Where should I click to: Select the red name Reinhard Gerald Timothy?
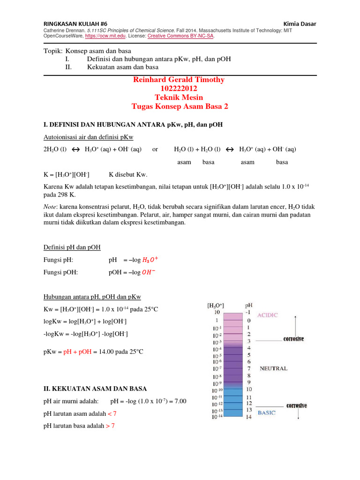tap(179, 80)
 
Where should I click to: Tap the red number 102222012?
tap(179, 89)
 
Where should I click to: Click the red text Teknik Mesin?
tap(179, 97)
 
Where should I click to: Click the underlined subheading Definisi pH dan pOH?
tap(72, 247)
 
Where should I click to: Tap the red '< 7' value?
tap(111, 414)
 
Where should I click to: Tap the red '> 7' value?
tap(111, 426)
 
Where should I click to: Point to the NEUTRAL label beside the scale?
tap(274, 369)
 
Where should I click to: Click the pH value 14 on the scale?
tap(249, 417)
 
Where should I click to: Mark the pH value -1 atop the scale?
tap(249, 313)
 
